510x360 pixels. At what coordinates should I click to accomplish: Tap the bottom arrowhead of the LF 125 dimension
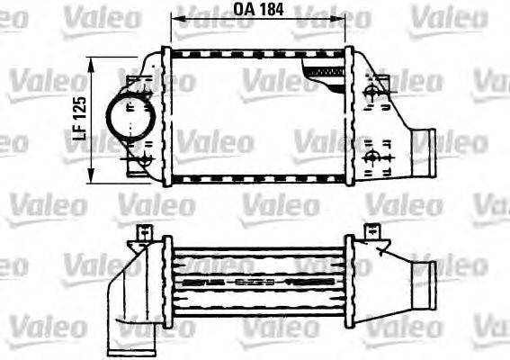(x=94, y=176)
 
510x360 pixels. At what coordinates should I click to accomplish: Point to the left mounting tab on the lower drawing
(x=141, y=233)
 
